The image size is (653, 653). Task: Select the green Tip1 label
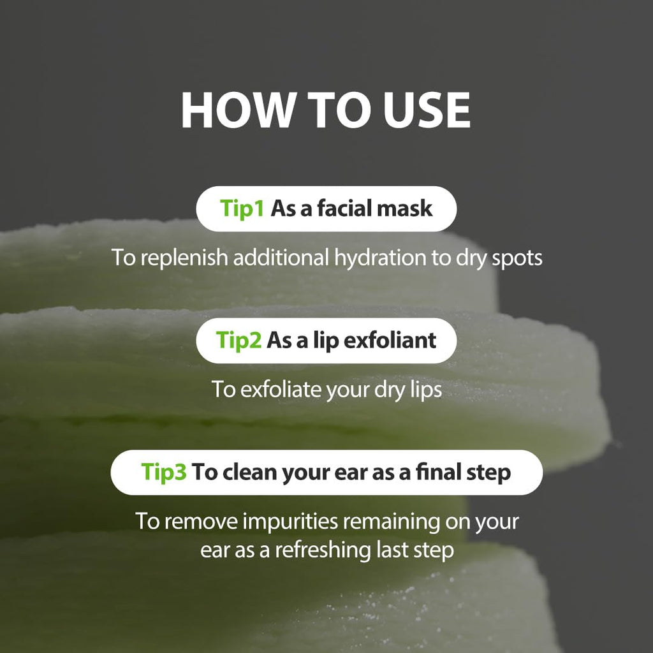click(x=242, y=209)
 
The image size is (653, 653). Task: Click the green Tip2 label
click(x=238, y=340)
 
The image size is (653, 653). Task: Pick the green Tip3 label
click(x=164, y=472)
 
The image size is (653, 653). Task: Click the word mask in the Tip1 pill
click(x=406, y=209)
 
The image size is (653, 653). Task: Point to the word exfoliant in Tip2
click(x=390, y=340)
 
